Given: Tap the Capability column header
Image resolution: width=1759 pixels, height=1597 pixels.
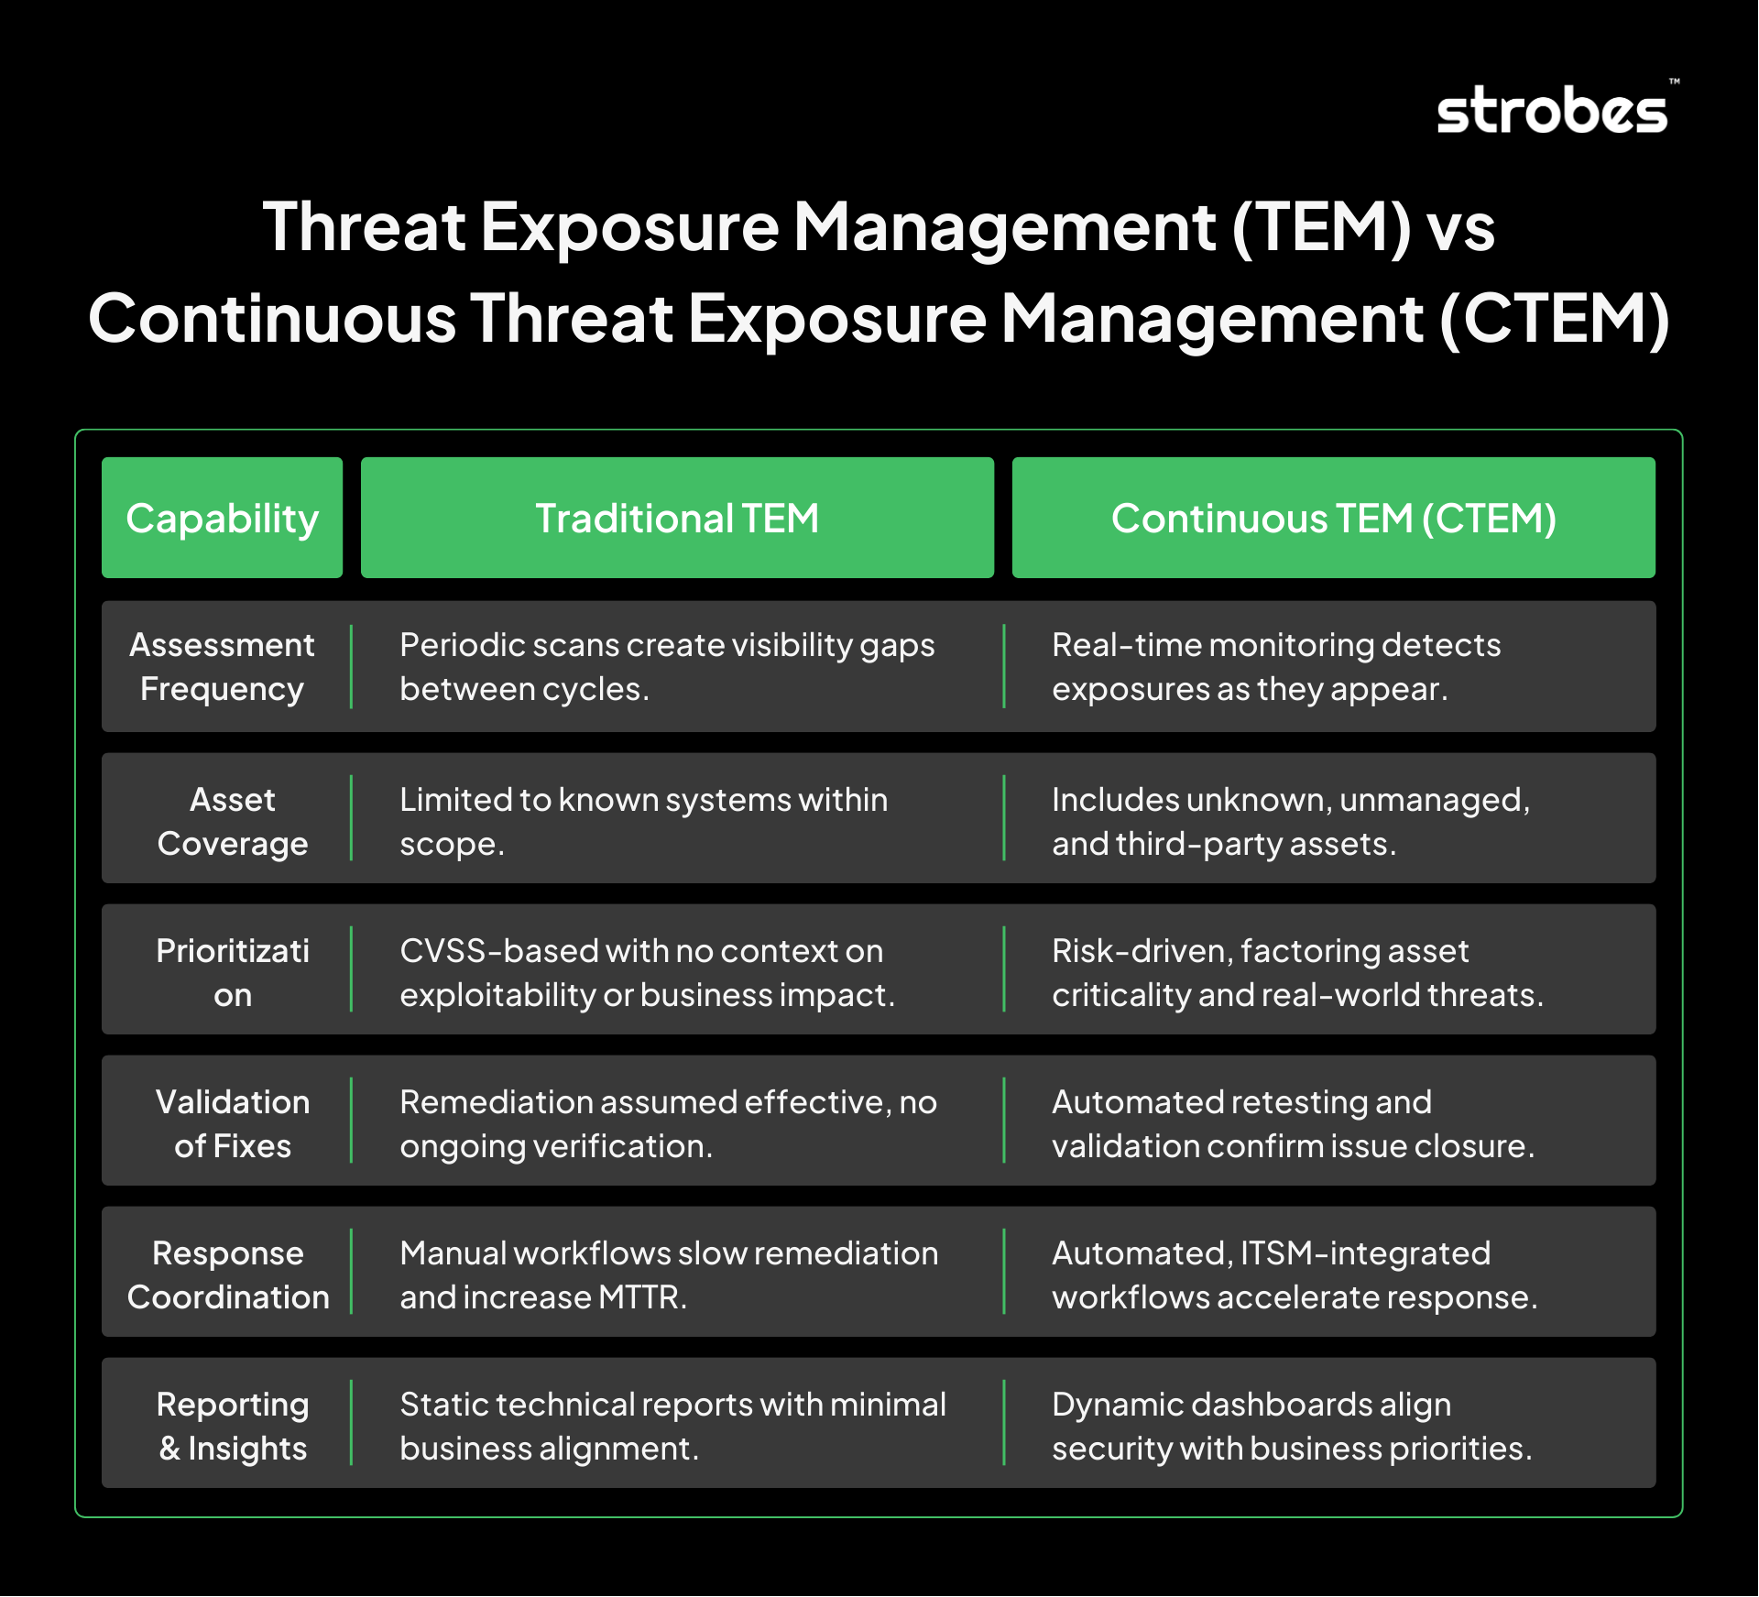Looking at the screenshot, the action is pos(222,518).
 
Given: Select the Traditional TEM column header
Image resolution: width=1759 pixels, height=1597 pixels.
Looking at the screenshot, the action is pos(677,518).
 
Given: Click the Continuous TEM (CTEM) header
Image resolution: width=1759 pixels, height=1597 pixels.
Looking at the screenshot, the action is pos(1333,518).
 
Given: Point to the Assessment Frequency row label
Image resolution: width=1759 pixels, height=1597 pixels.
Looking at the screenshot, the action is pos(222,666).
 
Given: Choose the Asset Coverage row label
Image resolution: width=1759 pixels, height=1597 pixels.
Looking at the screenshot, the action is pos(233,821).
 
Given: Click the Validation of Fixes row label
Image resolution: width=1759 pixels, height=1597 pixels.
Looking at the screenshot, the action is pos(233,1123).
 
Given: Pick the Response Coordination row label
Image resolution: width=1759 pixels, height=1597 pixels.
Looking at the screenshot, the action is pos(228,1274).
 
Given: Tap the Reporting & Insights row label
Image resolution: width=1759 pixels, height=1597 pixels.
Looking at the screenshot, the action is pos(233,1426).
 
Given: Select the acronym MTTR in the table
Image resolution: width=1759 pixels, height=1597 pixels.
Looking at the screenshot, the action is pos(641,1297).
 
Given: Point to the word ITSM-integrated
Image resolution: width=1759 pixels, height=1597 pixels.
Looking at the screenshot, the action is pos(1365,1252).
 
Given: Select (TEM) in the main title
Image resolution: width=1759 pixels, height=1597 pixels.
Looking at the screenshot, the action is pos(1321,227).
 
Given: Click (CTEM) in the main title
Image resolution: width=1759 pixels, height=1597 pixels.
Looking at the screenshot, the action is pos(1555,319).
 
